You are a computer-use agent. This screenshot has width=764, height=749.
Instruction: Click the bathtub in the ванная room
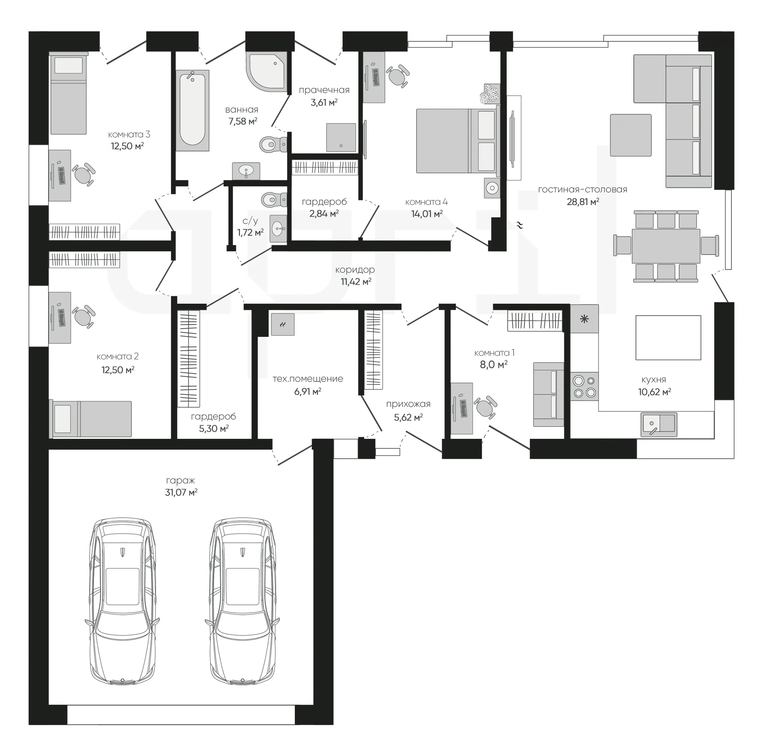192,111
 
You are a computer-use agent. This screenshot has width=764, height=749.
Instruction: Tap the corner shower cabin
267,71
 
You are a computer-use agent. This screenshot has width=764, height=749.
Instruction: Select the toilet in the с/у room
274,199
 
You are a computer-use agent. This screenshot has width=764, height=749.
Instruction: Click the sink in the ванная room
246,171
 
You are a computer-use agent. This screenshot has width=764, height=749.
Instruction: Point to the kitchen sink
659,424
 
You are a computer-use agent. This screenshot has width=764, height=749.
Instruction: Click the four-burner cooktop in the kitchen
584,386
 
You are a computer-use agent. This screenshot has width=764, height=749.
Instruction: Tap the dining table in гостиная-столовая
666,246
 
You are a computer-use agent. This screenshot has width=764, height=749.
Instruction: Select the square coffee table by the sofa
631,135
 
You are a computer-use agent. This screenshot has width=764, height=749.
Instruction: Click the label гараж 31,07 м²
181,487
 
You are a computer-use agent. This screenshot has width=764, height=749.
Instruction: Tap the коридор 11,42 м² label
355,276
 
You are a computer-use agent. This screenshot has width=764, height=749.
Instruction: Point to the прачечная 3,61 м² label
324,96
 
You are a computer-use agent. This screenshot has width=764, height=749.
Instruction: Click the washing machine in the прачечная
341,137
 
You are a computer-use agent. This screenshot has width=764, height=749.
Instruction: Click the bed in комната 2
90,419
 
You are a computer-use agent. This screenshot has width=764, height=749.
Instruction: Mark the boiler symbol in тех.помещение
283,325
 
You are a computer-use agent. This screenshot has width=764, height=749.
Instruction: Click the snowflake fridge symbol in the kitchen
584,319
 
